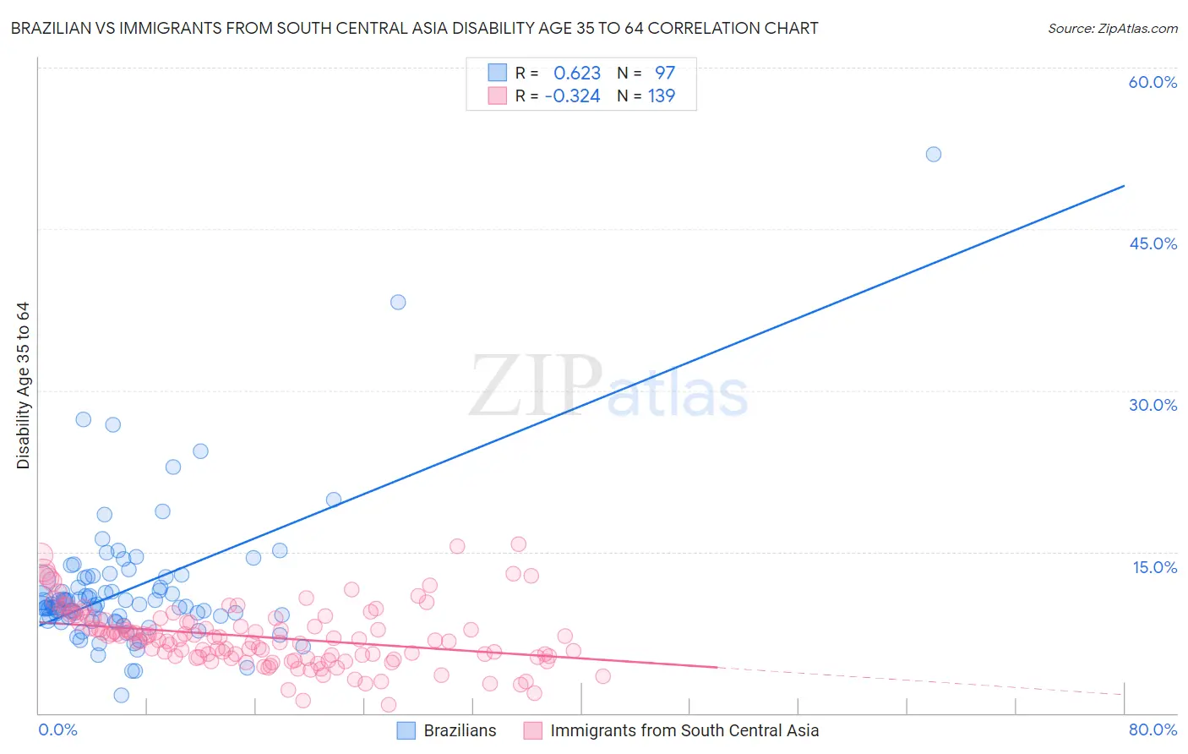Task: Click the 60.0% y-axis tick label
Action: point(1153,82)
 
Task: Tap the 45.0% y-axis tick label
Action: point(1153,243)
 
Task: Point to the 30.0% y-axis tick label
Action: point(1153,405)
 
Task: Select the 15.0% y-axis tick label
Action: point(1154,567)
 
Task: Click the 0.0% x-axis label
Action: point(57,729)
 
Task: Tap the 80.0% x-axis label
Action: point(1153,729)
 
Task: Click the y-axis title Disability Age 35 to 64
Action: point(23,385)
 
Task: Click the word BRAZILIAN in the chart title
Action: point(54,28)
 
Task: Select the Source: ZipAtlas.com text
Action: point(1112,28)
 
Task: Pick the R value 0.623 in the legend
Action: point(577,73)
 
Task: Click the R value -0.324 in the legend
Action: point(572,96)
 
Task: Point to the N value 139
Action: point(662,96)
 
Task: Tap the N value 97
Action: point(665,73)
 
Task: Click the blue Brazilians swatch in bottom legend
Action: point(406,730)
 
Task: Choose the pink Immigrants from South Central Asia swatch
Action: point(533,730)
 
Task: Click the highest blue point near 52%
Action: point(933,154)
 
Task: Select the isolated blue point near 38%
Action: point(398,302)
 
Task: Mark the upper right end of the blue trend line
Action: point(1124,185)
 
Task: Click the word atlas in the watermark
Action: point(678,394)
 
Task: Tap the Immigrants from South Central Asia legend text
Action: point(684,730)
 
